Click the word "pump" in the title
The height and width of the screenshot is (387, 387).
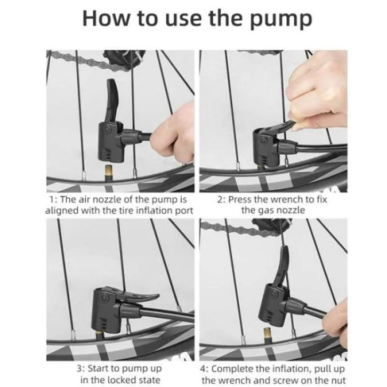point(281,19)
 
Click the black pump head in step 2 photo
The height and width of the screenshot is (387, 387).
point(268,148)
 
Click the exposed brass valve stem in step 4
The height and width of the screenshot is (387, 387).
point(267,335)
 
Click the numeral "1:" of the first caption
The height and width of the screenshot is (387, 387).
point(53,199)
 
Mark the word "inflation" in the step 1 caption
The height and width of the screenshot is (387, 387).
point(154,211)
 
